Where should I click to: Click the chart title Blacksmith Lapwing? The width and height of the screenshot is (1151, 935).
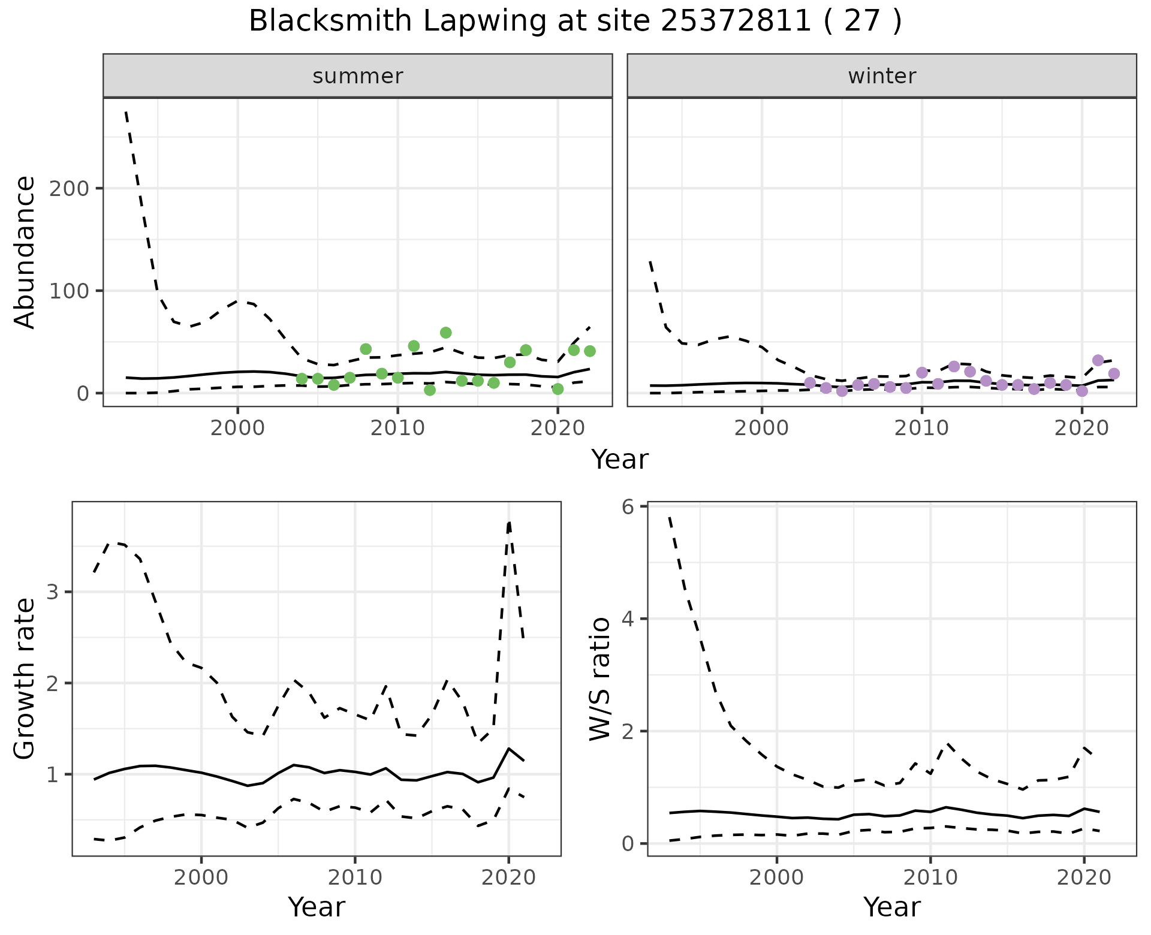575,22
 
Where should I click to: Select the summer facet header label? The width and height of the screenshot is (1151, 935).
358,76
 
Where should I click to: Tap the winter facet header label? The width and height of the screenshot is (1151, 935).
881,76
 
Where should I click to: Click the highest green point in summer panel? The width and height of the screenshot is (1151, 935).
445,333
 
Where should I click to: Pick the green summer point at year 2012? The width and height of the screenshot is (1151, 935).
429,390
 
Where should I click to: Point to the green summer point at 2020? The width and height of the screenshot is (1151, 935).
558,389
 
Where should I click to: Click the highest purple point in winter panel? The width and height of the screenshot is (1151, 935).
1098,360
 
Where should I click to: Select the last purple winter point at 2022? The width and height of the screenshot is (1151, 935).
1114,374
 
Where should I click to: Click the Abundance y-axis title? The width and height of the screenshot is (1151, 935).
25,252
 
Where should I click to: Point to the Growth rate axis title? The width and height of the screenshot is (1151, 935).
25,678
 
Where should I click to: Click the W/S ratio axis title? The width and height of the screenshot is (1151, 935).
600,678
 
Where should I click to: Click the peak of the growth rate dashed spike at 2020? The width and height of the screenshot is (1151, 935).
509,523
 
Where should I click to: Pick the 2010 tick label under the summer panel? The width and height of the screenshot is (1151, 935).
397,429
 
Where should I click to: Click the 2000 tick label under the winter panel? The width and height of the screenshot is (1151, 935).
761,429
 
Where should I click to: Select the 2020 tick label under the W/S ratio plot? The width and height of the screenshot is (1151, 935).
1083,879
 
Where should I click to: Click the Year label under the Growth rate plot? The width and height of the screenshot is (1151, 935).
317,907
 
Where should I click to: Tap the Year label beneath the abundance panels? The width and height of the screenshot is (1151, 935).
620,460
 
